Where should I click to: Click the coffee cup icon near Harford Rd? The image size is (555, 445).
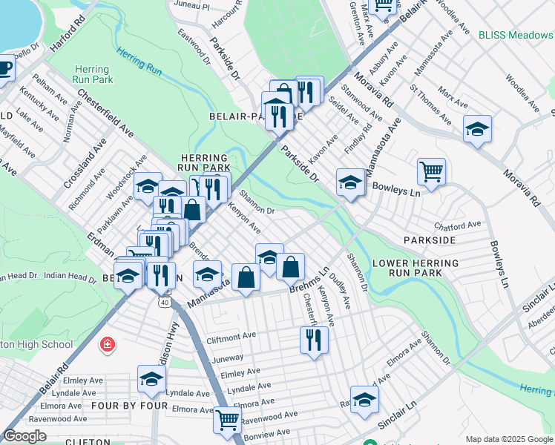coord(4,69)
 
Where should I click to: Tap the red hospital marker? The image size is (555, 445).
coord(108,345)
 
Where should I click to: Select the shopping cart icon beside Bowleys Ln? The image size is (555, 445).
coord(431,171)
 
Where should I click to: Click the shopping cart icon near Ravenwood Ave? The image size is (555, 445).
coord(227,420)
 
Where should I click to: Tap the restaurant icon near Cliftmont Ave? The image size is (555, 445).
coord(314,339)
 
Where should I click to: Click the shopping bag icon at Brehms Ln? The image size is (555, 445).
coord(292,266)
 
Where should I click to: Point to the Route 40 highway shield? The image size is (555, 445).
coord(164,302)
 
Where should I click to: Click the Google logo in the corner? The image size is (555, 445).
coord(24,436)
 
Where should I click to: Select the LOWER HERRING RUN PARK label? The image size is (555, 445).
coord(407,268)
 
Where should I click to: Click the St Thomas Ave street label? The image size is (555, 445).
coord(430,106)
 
